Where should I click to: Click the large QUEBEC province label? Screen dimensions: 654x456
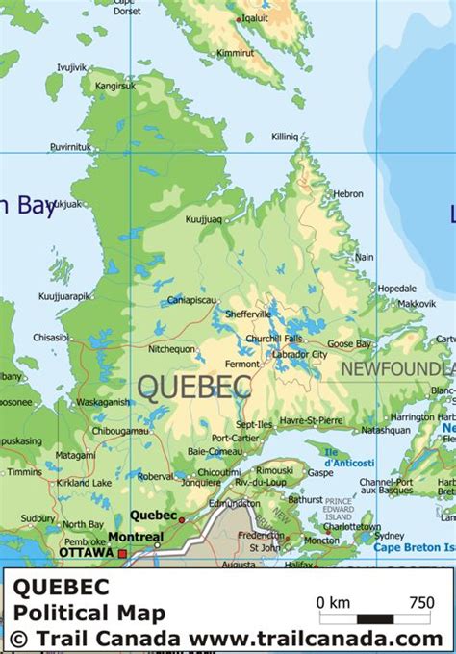(194, 387)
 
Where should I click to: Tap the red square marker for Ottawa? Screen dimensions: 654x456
(122, 553)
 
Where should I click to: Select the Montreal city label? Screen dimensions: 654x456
(135, 537)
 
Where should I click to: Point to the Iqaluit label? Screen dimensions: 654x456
(254, 17)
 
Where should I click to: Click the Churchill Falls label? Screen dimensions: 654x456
(275, 338)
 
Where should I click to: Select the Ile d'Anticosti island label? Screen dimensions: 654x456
(338, 456)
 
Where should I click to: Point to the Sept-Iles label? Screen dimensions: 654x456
(255, 423)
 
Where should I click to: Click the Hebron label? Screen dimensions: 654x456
(348, 193)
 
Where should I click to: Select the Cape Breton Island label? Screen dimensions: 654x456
(414, 548)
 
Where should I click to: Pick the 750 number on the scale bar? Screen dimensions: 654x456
(420, 603)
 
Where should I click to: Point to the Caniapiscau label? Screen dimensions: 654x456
(191, 300)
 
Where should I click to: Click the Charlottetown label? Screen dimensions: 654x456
(351, 527)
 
